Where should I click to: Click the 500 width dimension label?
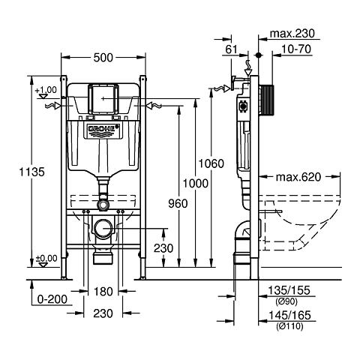103,58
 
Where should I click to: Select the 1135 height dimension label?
31,172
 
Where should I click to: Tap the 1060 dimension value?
211,163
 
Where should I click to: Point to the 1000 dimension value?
196,184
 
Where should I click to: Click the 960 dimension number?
178,203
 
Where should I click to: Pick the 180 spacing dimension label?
103,292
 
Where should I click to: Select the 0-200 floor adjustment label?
52,299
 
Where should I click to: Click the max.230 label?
292,34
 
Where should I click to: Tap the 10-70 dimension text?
296,49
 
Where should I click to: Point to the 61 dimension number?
231,49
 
